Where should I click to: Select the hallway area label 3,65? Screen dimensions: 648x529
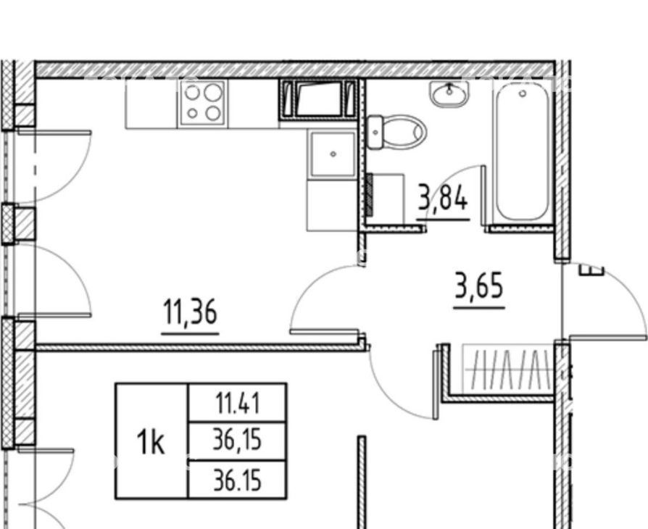coord(479,285)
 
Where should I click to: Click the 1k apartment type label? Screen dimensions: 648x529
coord(151,442)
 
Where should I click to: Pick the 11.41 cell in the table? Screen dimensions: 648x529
coord(238,403)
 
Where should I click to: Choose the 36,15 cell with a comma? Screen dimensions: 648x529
coord(237,441)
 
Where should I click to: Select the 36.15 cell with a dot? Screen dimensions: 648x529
coord(237,480)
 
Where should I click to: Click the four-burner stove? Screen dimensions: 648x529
coord(202,102)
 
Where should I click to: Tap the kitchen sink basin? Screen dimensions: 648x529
coord(333,154)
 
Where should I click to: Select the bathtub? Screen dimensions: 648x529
coord(523,152)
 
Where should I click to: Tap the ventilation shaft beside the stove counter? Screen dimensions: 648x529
coord(317,99)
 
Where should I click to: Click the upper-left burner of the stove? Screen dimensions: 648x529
coord(192,93)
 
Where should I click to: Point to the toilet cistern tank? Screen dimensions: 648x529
coord(375,132)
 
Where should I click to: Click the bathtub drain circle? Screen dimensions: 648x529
coord(523,93)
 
